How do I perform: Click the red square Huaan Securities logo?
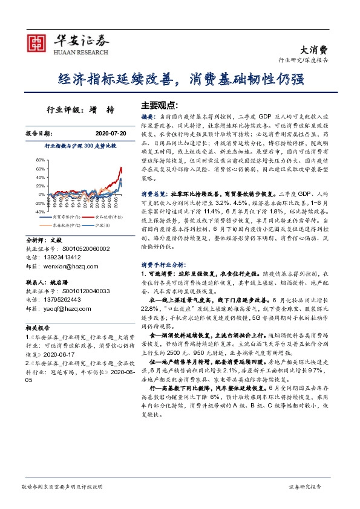pos(38,42)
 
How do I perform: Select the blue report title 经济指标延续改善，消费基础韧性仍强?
pos(180,79)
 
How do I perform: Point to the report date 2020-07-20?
pos(110,132)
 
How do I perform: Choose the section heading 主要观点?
pos(160,104)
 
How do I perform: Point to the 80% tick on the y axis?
pos(41,160)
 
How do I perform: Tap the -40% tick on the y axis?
pos(39,212)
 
